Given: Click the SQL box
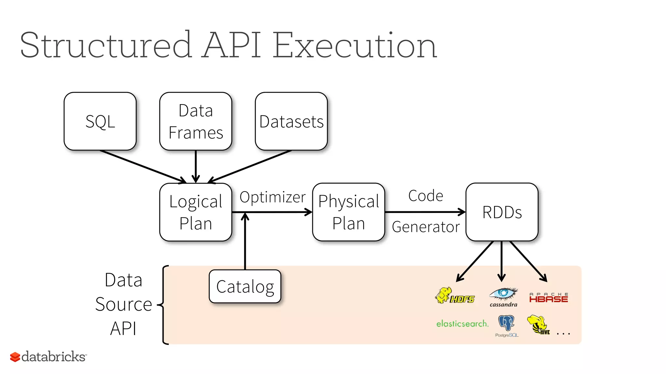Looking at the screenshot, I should coord(100,121).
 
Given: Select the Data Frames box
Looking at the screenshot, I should coord(195,121).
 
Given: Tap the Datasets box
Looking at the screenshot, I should coord(291,121).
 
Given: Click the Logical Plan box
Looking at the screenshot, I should coord(195,212).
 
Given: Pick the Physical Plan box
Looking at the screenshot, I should coord(348,212).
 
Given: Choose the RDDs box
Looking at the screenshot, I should coord(502,212).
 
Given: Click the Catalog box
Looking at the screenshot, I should coord(245,286).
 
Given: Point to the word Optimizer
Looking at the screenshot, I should coord(273,197).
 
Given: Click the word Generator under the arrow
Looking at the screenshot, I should coord(426,227).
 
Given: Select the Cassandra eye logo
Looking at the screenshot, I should coord(503,296).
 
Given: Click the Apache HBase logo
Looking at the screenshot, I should coord(548,298).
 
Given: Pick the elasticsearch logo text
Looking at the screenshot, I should coord(462,324).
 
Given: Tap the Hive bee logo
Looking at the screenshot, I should coord(538,325).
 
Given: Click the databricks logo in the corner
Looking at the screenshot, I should coord(48,356).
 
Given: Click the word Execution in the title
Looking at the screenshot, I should coord(354,45).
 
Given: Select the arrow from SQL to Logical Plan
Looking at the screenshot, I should coord(143,166).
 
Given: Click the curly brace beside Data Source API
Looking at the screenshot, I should coord(164,305).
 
